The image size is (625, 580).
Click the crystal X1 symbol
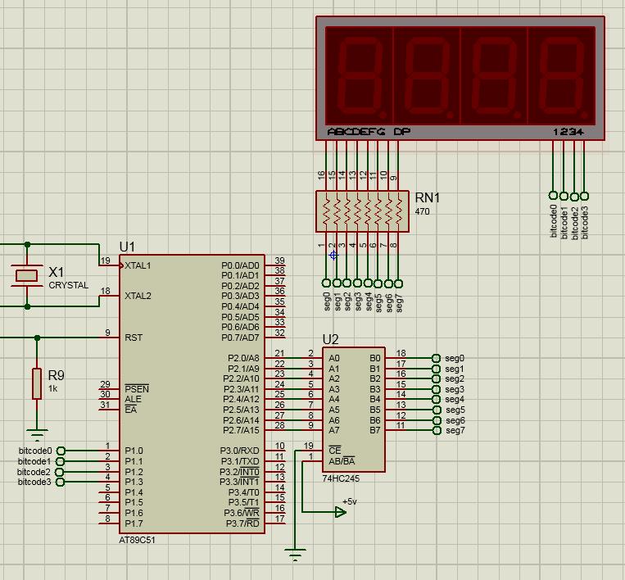(x=28, y=275)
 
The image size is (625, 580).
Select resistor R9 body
(x=37, y=383)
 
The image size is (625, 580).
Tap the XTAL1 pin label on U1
(x=138, y=265)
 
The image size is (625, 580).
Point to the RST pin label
(x=134, y=338)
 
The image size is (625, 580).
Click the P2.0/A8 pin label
(x=242, y=358)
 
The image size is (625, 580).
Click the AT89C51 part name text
(x=137, y=540)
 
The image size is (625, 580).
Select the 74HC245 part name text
(x=340, y=478)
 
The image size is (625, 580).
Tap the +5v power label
(x=350, y=501)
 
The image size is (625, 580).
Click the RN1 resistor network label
(x=427, y=198)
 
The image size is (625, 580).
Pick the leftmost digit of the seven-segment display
(x=359, y=75)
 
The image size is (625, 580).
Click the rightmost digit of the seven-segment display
(x=561, y=75)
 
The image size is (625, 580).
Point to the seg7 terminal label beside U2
(x=455, y=431)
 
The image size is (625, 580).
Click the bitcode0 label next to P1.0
(x=34, y=451)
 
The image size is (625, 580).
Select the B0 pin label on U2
(x=375, y=358)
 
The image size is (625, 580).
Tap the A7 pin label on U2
(x=334, y=430)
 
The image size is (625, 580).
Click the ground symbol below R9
(x=37, y=434)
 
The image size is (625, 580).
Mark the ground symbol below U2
(x=295, y=554)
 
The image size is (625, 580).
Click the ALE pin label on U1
(x=133, y=399)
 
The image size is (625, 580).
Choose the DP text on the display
(x=401, y=132)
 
